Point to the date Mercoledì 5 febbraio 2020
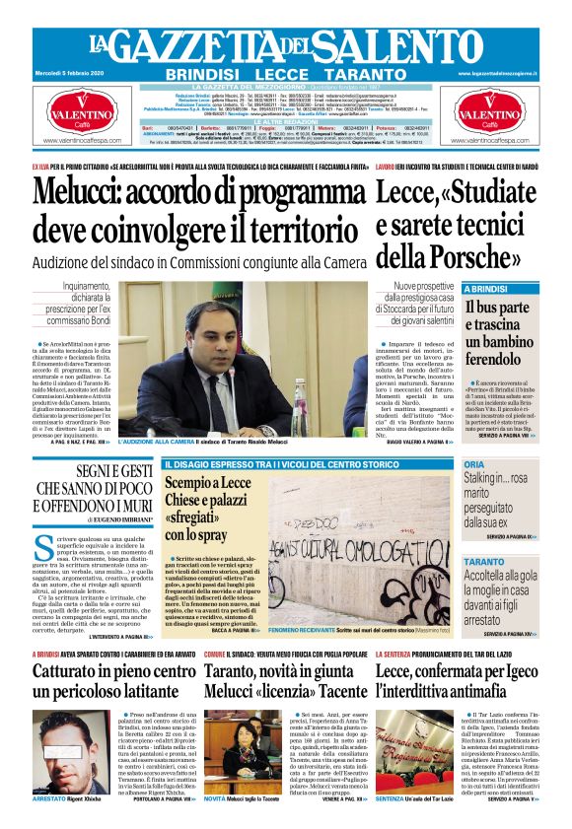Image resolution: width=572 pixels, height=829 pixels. pos(68,73)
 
